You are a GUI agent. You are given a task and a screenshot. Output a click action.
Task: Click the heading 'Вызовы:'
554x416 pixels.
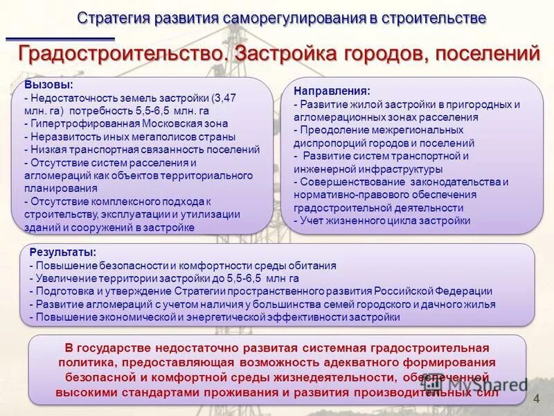tap(48, 85)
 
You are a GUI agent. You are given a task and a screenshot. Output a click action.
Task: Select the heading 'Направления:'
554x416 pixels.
tap(332, 91)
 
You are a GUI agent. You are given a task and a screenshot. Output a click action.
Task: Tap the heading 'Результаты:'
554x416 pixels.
tap(63, 252)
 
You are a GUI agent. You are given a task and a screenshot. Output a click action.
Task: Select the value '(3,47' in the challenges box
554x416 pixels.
tap(224, 98)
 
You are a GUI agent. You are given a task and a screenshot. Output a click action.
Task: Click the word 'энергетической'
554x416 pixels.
tap(224, 317)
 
